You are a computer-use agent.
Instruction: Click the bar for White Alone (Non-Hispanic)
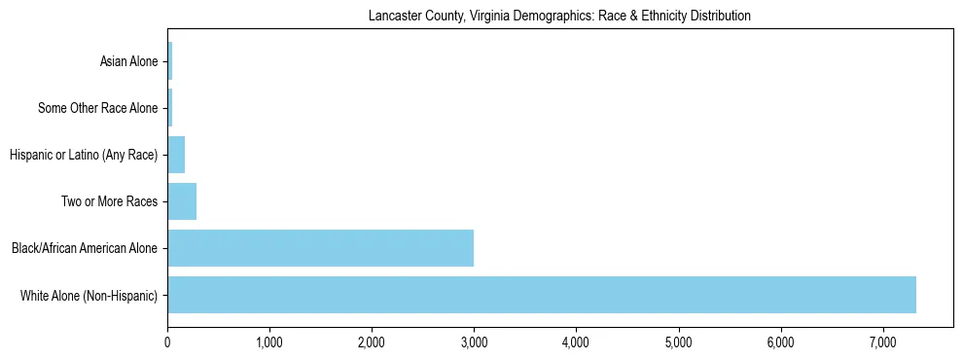[541, 295]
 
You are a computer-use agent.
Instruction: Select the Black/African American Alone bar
[320, 248]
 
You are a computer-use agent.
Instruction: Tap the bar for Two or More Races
[182, 201]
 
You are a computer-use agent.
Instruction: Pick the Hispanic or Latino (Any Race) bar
[176, 155]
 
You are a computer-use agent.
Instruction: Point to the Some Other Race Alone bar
[169, 108]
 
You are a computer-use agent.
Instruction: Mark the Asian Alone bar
[169, 61]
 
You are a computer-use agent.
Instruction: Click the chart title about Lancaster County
[559, 16]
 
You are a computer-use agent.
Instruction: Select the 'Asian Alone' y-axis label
[128, 62]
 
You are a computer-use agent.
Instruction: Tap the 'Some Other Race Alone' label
[97, 108]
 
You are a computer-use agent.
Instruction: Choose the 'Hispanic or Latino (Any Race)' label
[83, 155]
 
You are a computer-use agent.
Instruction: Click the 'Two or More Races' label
[114, 201]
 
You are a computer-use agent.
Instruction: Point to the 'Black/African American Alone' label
[85, 248]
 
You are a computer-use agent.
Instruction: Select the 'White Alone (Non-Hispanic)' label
[89, 295]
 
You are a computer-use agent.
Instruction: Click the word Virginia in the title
[482, 16]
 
